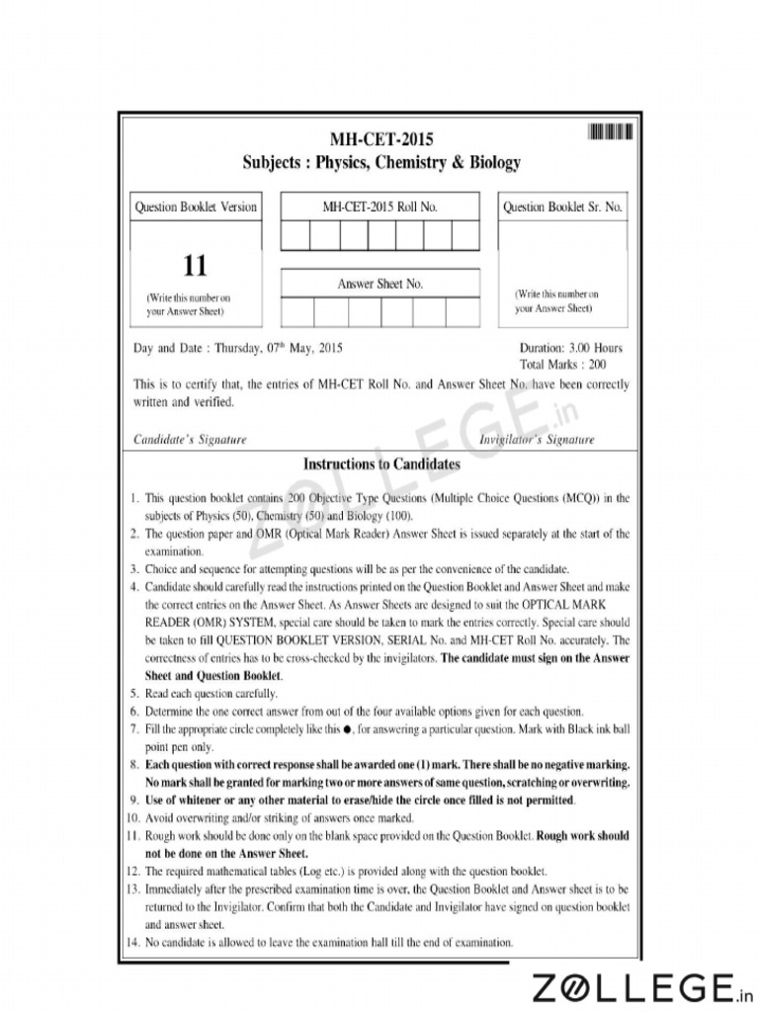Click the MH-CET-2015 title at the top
(x=381, y=139)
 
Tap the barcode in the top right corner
(x=610, y=132)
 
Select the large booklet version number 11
(x=196, y=266)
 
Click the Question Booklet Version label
(x=196, y=208)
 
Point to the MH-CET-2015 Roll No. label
(x=380, y=208)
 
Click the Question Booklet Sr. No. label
(x=562, y=208)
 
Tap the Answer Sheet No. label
(x=380, y=284)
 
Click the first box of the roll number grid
(x=295, y=235)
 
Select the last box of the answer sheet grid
(x=463, y=312)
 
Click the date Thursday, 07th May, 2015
(x=279, y=348)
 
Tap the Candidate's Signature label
(x=190, y=439)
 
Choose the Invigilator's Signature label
(x=537, y=439)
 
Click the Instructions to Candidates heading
(x=381, y=464)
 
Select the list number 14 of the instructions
(x=133, y=941)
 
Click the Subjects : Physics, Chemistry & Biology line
(x=381, y=162)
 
